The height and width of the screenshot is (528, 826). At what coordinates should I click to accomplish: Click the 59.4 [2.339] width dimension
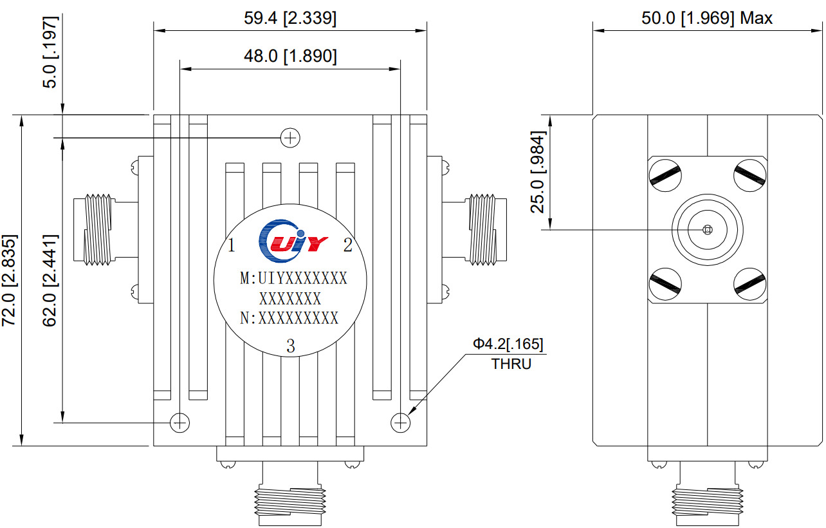290,18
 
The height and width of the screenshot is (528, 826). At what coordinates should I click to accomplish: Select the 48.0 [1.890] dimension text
290,57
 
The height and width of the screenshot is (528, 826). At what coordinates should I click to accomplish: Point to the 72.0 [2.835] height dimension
10,280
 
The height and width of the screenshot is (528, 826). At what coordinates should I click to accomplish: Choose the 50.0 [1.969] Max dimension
706,18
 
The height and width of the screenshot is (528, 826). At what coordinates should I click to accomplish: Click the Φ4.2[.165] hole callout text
508,344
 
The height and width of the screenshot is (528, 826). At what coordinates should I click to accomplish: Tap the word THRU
511,364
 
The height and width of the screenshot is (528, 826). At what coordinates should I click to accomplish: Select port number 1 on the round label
232,245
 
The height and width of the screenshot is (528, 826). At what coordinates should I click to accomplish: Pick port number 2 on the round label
347,245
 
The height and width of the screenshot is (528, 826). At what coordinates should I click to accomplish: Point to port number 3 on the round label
291,347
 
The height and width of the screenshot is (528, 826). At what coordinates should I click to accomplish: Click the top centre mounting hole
291,137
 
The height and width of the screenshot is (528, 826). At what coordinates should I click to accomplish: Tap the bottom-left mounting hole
179,422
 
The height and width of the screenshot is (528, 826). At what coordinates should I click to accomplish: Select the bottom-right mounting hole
401,422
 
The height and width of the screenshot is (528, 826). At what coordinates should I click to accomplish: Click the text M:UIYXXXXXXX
293,279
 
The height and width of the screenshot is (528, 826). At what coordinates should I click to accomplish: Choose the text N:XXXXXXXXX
289,318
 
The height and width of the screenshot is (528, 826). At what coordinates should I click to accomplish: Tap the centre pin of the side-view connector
707,230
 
